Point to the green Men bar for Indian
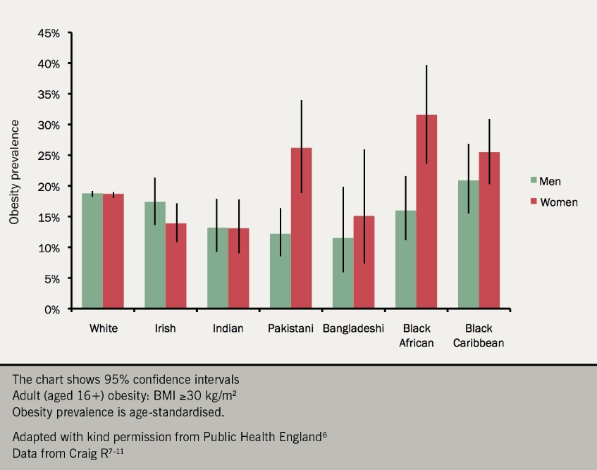coord(218,268)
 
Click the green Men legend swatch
coord(534,181)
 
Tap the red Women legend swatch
coord(534,202)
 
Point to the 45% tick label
coord(49,32)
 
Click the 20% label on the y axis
coord(49,186)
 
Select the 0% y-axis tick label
coord(54,309)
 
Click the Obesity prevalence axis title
coord(14,171)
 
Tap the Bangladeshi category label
coord(353,328)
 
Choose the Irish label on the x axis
coord(165,328)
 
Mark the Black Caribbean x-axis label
coord(479,336)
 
